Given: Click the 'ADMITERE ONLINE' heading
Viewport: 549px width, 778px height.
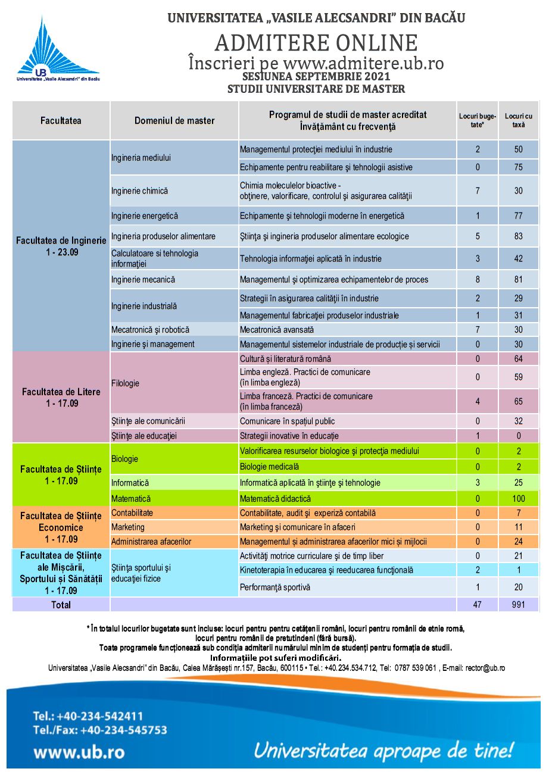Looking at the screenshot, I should (316, 43).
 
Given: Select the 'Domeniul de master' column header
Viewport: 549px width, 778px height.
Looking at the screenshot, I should (174, 121).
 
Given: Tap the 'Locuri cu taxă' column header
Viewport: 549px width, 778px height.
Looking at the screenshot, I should (518, 120).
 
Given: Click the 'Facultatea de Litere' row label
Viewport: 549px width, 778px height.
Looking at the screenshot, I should (61, 397).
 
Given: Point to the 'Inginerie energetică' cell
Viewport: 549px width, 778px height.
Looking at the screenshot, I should (145, 216).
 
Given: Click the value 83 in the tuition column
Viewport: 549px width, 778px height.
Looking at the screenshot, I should (518, 236).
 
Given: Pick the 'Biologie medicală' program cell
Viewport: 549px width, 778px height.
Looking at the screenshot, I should (269, 467).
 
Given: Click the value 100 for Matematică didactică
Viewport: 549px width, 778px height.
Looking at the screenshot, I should (518, 499).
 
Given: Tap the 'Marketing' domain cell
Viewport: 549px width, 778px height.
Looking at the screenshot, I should (128, 527).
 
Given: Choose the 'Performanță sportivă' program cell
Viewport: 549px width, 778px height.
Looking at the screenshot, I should (276, 587).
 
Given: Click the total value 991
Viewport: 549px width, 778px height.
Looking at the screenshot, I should (518, 605).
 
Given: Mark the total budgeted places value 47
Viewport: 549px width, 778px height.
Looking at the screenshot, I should (478, 605).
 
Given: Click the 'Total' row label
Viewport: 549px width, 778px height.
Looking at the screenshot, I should (61, 605).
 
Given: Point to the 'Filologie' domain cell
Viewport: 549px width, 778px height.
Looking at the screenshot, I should (125, 383).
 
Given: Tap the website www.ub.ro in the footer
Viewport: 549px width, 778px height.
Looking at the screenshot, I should (79, 752).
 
